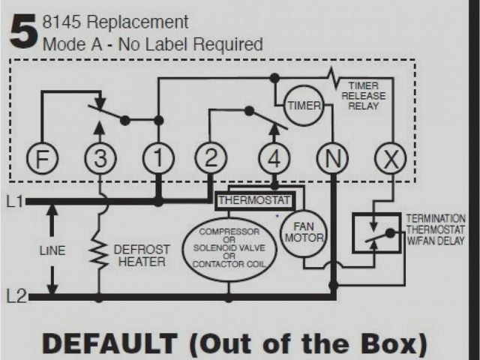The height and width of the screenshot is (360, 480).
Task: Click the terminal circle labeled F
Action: [x=41, y=159]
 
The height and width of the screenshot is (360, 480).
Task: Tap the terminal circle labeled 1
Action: [x=158, y=159]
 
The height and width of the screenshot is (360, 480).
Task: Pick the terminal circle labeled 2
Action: [x=211, y=159]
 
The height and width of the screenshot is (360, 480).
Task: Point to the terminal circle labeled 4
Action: [x=274, y=159]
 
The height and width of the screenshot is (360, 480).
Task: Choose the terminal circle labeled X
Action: [x=388, y=159]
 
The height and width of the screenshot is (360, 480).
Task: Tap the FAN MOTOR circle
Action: [x=304, y=232]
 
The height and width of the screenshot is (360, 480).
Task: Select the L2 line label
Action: [x=14, y=297]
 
